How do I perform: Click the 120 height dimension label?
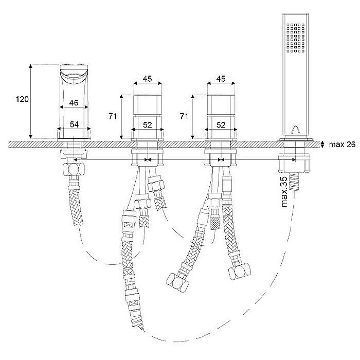pyautogui.click(x=22, y=99)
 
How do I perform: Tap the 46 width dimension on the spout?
pyautogui.click(x=74, y=103)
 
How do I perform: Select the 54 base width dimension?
pyautogui.click(x=74, y=124)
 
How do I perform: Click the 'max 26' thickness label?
pyautogui.click(x=342, y=145)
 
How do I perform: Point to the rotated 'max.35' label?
pyautogui.click(x=284, y=192)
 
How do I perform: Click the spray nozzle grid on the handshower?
pyautogui.click(x=296, y=38)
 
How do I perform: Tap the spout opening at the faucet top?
pyautogui.click(x=74, y=76)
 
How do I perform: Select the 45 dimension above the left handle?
pyautogui.click(x=148, y=79)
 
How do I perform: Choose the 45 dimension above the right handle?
pyautogui.click(x=221, y=79)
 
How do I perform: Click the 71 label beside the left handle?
pyautogui.click(x=113, y=116)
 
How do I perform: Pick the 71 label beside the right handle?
pyautogui.click(x=184, y=116)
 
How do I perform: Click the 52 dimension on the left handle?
pyautogui.click(x=148, y=125)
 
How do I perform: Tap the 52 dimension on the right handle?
pyautogui.click(x=221, y=125)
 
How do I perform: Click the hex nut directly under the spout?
pyautogui.click(x=74, y=169)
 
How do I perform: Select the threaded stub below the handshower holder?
pyautogui.click(x=294, y=182)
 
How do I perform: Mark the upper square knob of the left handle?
pyautogui.click(x=148, y=105)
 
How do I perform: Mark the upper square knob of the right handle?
pyautogui.click(x=221, y=105)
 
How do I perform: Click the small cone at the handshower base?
pyautogui.click(x=295, y=130)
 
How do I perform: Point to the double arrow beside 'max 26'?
pyautogui.click(x=322, y=144)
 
